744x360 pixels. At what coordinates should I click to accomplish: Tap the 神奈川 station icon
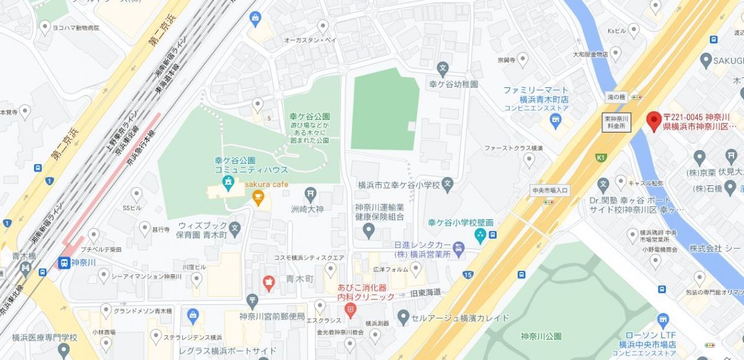click(63, 263)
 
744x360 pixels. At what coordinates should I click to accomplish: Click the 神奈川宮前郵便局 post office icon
click(252, 302)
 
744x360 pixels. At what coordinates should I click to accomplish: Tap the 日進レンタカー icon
click(458, 250)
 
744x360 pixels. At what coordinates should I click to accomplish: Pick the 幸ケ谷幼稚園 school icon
click(443, 68)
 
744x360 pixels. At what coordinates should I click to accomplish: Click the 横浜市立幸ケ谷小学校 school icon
click(448, 184)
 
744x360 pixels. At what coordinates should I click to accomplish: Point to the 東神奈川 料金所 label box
click(617, 121)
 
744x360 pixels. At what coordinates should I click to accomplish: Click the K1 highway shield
click(600, 157)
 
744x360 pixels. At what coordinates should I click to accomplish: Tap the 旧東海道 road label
click(425, 292)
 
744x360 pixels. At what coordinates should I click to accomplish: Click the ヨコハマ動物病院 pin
click(45, 26)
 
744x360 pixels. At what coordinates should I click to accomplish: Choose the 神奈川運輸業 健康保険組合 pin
click(369, 231)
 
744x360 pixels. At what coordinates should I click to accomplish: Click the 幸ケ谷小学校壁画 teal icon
click(480, 235)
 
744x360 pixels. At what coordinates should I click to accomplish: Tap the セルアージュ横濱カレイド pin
click(404, 318)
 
